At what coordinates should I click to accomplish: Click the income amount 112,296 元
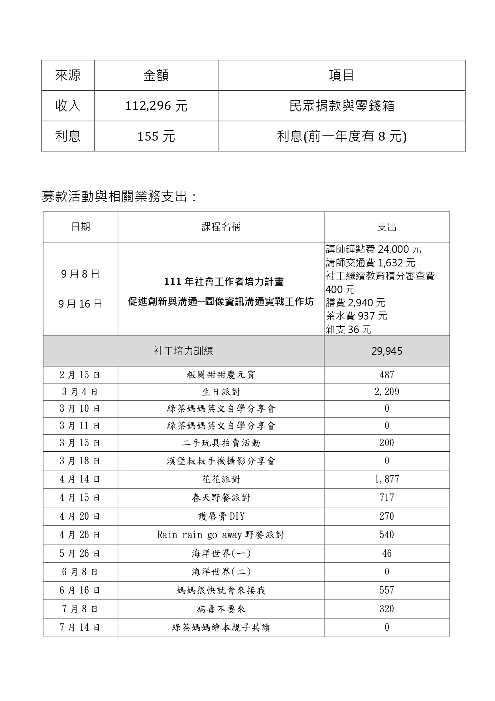point(156,106)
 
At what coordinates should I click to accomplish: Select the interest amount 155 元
point(156,137)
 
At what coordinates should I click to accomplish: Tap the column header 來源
point(68,75)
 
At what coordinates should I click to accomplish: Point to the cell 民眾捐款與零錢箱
point(341,106)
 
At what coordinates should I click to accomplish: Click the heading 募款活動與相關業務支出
point(119,197)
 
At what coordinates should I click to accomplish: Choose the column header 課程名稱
point(221,227)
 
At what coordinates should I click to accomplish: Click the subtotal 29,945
point(387,351)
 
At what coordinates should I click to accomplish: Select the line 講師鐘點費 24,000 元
point(373,249)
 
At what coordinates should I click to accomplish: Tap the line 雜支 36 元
point(349,330)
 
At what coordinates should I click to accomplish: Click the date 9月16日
point(80,304)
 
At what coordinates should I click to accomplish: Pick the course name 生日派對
point(221,392)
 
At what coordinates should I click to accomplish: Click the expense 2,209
point(387,392)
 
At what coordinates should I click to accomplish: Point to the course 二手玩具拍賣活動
point(221,443)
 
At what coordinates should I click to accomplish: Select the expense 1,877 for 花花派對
point(387,479)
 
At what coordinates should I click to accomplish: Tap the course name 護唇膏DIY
point(221,516)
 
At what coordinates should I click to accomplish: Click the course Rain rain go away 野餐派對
point(221,535)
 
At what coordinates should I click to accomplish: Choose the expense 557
point(387,590)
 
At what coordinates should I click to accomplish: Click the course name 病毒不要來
point(221,609)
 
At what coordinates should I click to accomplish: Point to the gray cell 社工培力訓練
point(183,351)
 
